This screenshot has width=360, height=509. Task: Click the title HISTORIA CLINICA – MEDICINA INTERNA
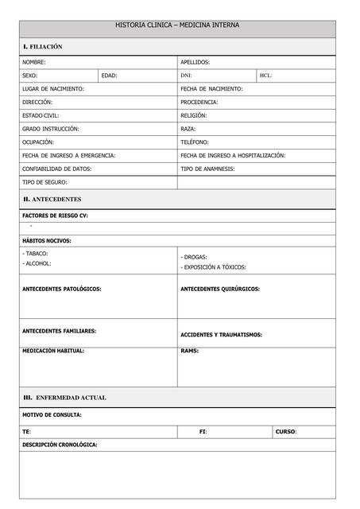tap(177, 25)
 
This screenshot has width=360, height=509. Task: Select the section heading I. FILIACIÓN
tap(43, 47)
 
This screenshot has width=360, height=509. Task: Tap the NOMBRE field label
tap(34, 62)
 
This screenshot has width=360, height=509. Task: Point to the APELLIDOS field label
tap(195, 62)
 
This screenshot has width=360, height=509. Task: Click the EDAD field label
tap(110, 76)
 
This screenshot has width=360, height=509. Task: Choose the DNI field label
tap(187, 76)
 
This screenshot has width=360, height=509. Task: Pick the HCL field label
tap(266, 76)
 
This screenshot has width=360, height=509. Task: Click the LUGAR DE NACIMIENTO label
tap(53, 89)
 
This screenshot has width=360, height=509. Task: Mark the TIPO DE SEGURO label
tap(45, 182)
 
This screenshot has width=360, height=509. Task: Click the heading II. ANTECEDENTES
tap(52, 199)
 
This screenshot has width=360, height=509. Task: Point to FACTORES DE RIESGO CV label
tap(55, 216)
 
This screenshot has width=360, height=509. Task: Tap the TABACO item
tap(37, 253)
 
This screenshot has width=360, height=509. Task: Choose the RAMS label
tap(190, 351)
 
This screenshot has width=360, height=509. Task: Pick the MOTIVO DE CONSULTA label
tap(52, 414)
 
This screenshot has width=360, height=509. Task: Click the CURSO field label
tap(286, 432)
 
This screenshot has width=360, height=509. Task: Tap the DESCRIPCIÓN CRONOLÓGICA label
tap(60, 445)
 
